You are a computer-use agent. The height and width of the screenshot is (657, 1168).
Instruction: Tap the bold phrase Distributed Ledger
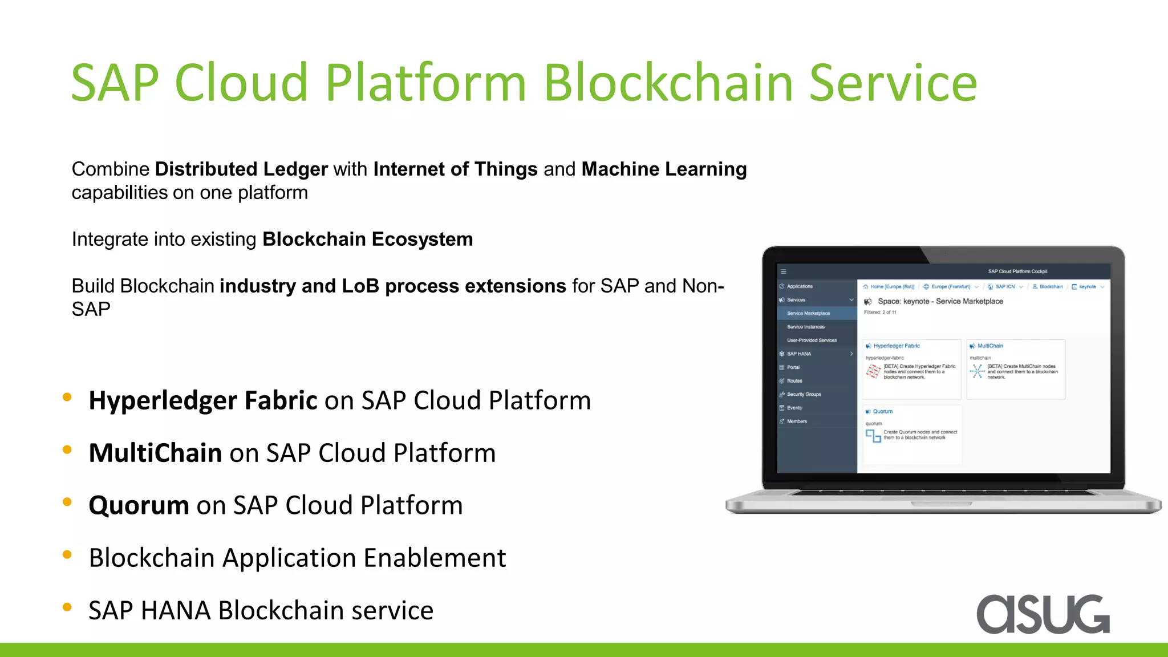click(x=241, y=169)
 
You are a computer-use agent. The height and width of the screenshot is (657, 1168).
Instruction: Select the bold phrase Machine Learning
click(x=664, y=169)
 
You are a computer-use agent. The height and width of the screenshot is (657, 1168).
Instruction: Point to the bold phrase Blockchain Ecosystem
click(x=367, y=240)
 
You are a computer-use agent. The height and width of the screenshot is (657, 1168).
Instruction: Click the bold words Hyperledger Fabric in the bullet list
click(x=202, y=400)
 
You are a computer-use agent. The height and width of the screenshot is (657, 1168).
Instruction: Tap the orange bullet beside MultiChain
click(x=67, y=450)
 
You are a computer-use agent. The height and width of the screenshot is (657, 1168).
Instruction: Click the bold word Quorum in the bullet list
click(x=139, y=505)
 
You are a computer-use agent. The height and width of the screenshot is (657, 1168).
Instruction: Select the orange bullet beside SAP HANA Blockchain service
click(x=67, y=607)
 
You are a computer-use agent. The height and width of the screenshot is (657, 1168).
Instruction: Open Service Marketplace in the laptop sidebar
click(x=808, y=313)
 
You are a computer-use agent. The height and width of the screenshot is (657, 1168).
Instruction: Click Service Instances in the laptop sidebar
click(x=805, y=327)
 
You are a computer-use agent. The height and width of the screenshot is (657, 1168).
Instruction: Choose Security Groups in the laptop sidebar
click(x=804, y=394)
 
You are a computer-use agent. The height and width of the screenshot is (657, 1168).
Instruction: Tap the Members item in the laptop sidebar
click(x=797, y=421)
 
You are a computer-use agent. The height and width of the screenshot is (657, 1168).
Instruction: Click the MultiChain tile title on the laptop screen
click(x=990, y=346)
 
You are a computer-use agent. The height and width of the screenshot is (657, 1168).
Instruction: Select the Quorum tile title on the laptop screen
click(x=882, y=411)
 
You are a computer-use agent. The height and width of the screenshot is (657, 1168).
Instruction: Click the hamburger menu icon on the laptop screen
click(x=784, y=271)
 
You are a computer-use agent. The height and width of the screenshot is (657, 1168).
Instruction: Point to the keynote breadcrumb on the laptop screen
click(x=1087, y=287)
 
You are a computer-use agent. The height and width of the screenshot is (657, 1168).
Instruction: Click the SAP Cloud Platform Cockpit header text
click(x=1017, y=271)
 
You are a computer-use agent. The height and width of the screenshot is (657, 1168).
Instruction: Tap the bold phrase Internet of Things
click(x=455, y=169)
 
